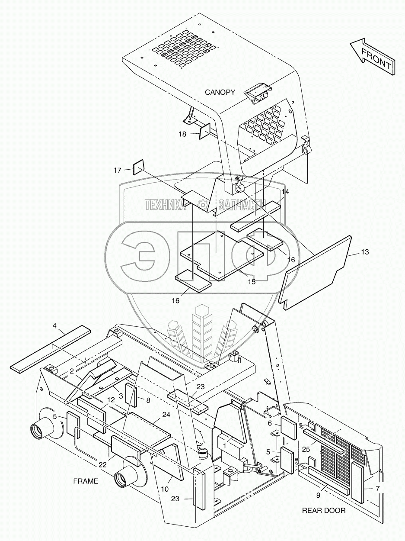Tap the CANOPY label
220,92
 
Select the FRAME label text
86,481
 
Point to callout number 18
182,134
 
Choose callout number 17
118,171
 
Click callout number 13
365,252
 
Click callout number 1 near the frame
225,444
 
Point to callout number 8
148,401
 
